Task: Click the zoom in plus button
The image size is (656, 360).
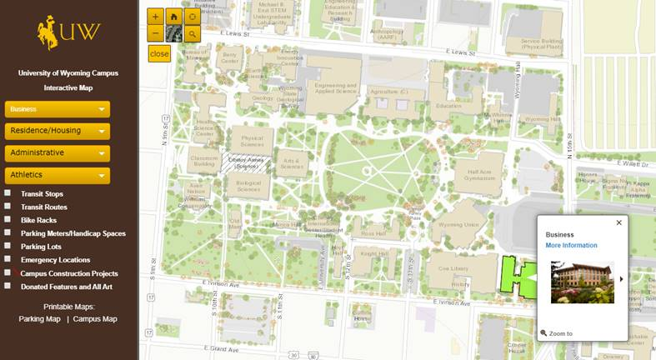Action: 155,16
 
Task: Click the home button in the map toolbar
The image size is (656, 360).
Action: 173,16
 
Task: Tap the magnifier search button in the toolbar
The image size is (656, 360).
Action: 193,34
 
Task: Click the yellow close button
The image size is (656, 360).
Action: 159,53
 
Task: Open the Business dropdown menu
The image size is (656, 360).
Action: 58,109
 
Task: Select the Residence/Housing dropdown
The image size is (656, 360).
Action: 58,131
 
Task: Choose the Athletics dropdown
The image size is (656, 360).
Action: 58,175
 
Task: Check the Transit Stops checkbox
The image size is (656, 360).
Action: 8,193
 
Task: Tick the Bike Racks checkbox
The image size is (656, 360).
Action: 8,220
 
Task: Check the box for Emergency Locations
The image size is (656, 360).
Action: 8,259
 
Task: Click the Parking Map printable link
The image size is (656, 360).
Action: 40,318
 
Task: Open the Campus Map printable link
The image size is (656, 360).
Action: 95,318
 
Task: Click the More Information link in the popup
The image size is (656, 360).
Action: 571,245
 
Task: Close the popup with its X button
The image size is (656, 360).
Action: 618,222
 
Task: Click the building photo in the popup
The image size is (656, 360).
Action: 582,282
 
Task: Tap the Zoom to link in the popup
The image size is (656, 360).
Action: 559,333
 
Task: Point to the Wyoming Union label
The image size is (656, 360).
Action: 458,225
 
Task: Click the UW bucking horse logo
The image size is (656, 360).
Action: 69,32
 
